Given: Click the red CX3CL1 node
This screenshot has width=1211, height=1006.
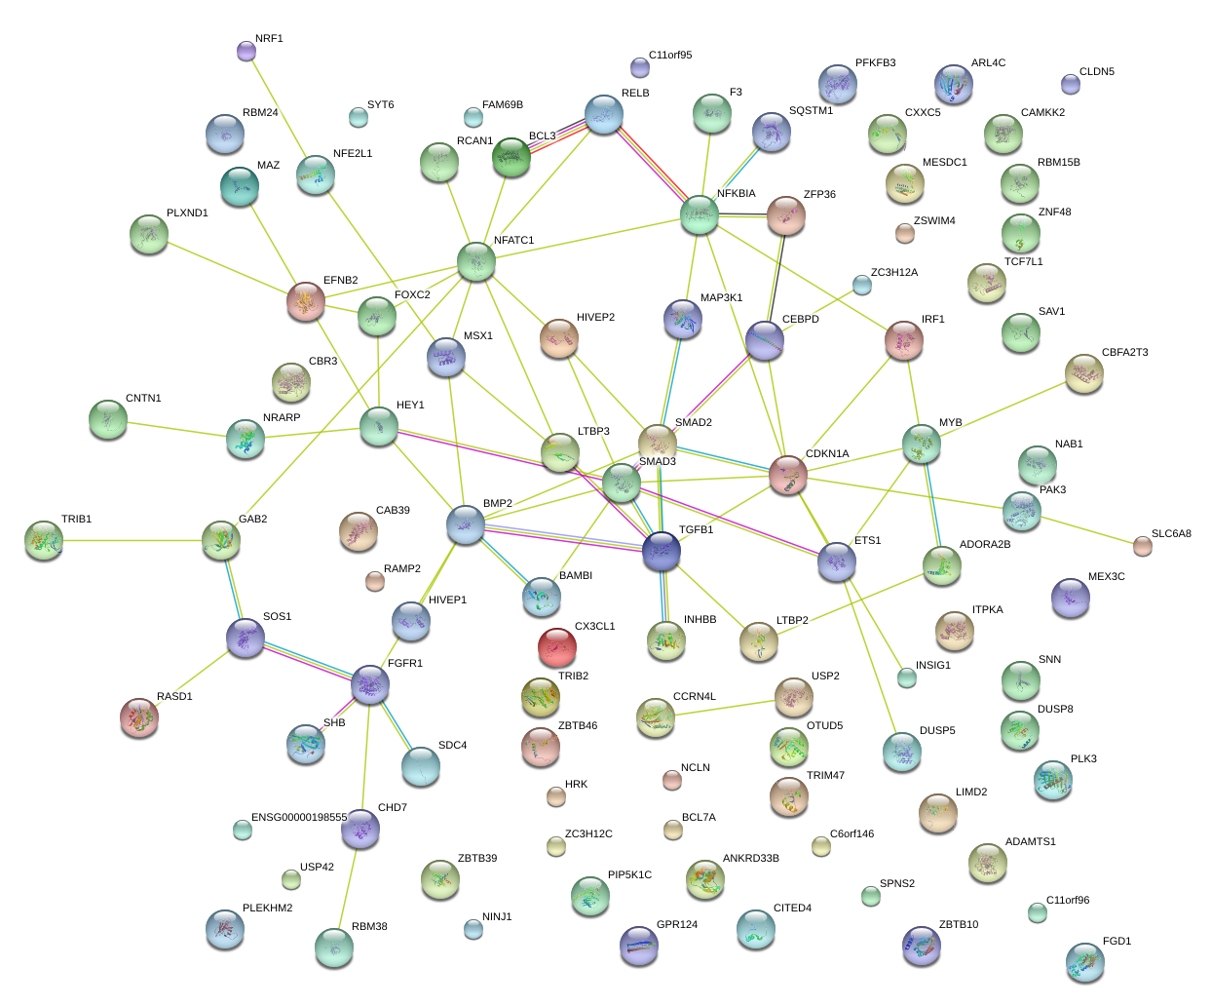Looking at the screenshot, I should pos(557,645).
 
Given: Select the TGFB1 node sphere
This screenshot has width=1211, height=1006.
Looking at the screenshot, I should pos(662,552).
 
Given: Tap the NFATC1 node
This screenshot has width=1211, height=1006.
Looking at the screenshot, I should pos(476,260).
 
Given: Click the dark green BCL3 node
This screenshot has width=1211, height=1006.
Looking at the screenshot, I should pos(511,156).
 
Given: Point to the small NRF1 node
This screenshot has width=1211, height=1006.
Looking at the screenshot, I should pos(246,50).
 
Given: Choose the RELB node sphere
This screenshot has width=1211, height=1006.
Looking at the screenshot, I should pos(604,114).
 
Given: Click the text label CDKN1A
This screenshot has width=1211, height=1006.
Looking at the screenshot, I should pos(827,454).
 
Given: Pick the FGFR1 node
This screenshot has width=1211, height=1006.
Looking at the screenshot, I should pos(370,684).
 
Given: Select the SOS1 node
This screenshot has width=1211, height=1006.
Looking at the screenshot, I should pos(246,638).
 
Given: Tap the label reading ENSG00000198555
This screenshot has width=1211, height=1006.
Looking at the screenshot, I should pos(299,818).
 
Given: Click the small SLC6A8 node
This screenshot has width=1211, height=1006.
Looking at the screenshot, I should pos(1142,545).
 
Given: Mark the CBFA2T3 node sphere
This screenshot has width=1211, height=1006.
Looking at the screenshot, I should pos(1083,372).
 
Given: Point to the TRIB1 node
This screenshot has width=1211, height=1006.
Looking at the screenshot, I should pos(44,539).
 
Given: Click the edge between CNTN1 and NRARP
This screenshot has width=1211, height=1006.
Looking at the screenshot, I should pos(175,429).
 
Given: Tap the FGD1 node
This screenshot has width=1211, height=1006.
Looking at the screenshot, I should pos(1084,961).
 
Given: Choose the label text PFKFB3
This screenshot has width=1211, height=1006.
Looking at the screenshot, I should pos(875,63).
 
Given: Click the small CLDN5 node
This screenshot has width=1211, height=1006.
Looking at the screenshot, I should pos(1070,84).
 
